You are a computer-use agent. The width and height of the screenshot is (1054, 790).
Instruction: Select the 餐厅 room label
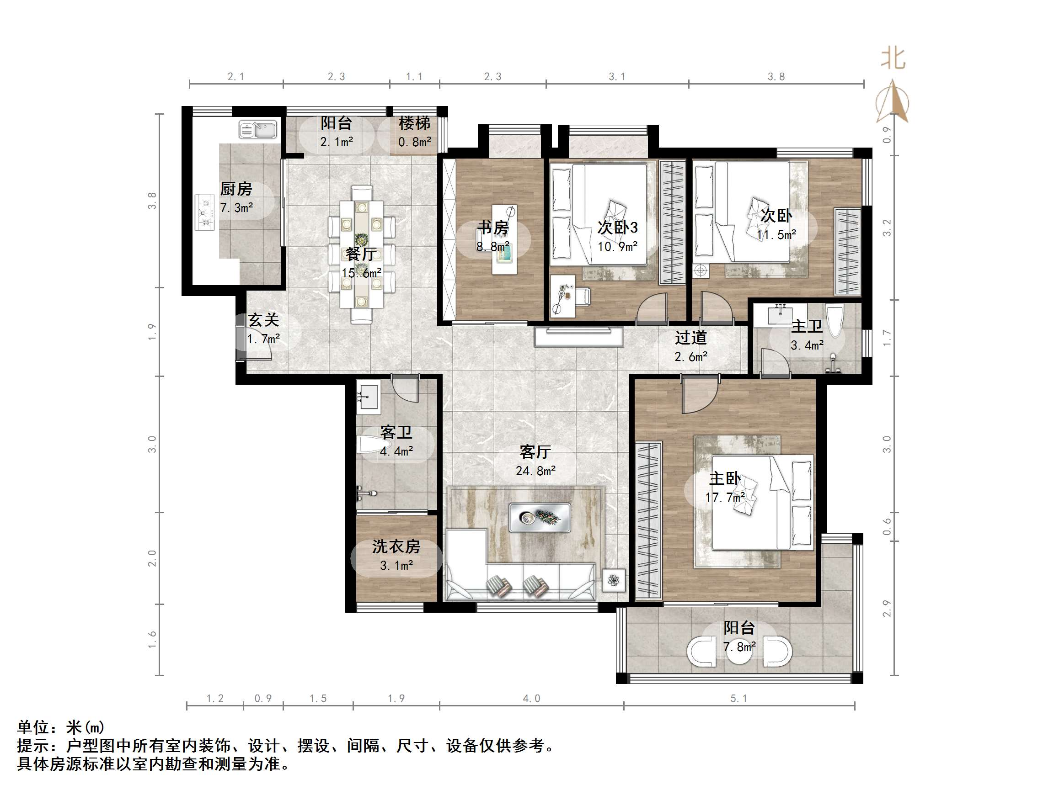pos(361,254)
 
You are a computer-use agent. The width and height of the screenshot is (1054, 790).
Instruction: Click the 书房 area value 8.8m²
pos(492,247)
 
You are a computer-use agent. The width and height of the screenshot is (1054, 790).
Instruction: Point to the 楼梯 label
pos(414,123)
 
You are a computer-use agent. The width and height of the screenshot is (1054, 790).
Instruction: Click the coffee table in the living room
pos(540,517)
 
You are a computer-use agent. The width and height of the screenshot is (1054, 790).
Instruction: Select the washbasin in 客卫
pos(367,395)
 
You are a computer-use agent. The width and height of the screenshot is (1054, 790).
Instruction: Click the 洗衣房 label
pos(396,546)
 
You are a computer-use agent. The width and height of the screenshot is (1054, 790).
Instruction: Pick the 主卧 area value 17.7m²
pos(725,498)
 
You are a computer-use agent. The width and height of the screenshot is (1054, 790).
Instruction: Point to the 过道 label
pos(690,338)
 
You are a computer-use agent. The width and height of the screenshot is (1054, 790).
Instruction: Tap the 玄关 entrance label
pos(263,319)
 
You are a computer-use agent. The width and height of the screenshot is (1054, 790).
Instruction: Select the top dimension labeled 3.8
pos(776,77)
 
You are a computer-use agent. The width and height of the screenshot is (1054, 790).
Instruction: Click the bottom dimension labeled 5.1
pos(738,698)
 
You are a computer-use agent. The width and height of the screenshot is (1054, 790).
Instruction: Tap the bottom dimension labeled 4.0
pos(531,698)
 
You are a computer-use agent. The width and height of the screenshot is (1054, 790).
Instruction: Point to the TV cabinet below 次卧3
pos(578,337)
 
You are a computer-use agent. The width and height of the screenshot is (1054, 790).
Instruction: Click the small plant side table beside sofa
pos(614,580)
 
